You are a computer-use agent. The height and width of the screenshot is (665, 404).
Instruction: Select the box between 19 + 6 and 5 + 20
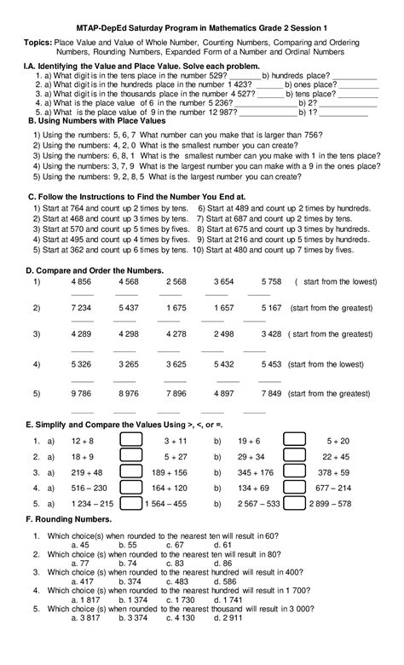[x=294, y=441]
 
